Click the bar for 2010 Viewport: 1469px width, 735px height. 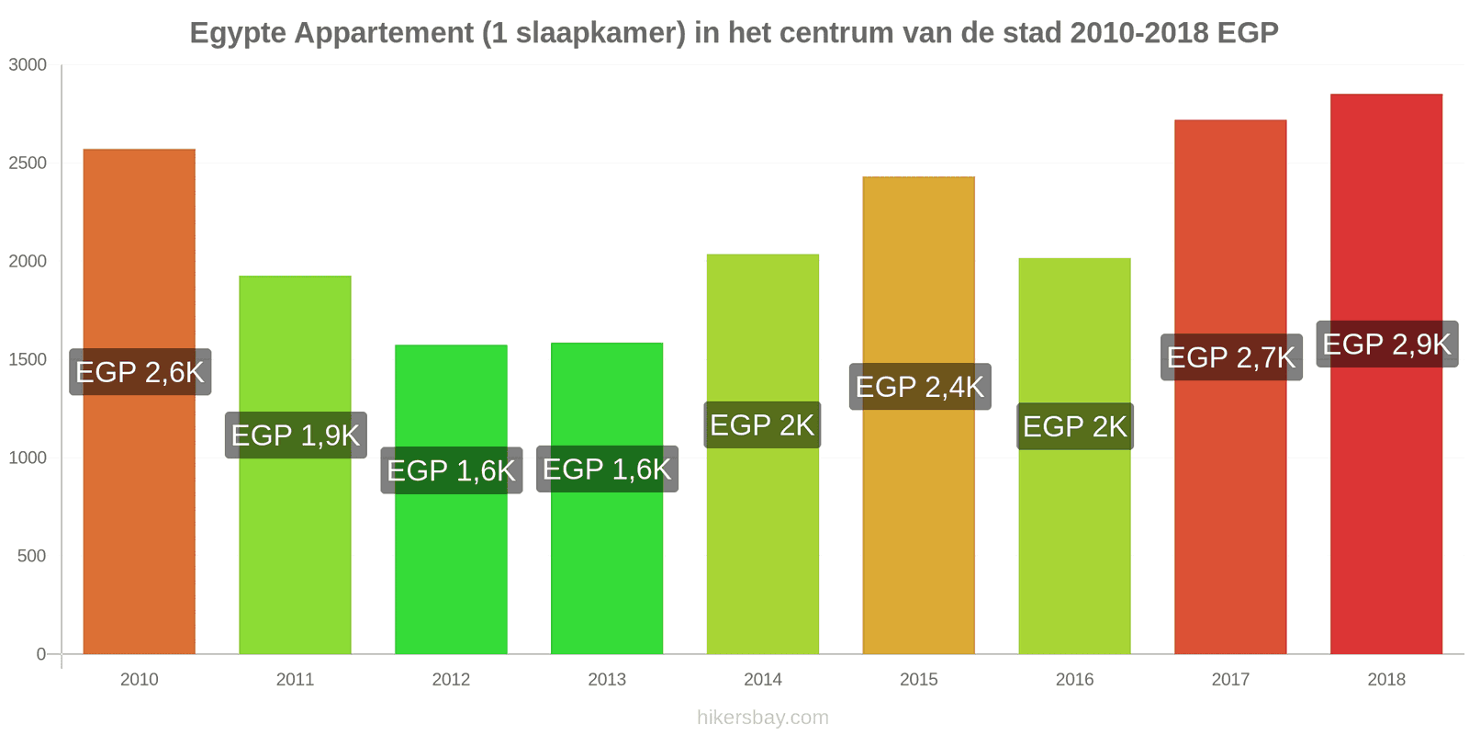coord(139,401)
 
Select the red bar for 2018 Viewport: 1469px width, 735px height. coord(1386,373)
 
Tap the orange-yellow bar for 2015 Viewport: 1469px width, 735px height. coord(919,414)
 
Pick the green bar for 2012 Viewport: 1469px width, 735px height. coord(451,499)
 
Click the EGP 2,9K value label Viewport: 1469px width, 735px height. coord(1387,344)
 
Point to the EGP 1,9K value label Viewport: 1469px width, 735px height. coord(296,435)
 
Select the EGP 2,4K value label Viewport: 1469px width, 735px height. coord(920,387)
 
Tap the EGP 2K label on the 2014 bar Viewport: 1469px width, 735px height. coord(762,425)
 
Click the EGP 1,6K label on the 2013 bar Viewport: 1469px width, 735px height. coord(607,469)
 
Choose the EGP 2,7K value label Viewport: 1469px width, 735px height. coord(1231,357)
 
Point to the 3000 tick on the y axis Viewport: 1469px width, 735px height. coord(28,65)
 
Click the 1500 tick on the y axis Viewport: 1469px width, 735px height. coord(28,359)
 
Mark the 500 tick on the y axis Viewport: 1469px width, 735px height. coord(31,556)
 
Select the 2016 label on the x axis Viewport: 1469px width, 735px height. coord(1074,679)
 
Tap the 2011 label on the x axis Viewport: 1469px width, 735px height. coord(295,679)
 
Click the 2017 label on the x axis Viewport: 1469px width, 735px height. coord(1230,679)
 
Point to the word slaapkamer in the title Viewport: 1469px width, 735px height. coord(591,33)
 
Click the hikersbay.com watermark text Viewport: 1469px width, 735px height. coord(763,717)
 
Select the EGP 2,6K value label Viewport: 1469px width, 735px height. coord(140,372)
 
